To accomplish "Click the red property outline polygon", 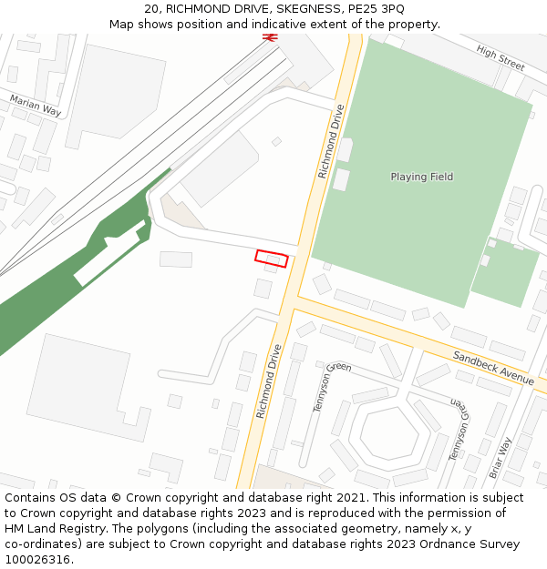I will point(272,259).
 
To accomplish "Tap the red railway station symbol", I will point(269,37).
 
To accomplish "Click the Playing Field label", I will point(421,177).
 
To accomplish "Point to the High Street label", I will point(501,59).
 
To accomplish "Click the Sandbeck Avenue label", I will point(492,368).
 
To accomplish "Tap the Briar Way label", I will point(501,458).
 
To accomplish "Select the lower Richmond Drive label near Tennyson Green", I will point(269,381).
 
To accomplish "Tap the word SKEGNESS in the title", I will point(293,8).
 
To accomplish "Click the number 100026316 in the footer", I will point(37,560).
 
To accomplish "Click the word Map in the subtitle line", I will point(122,24).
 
